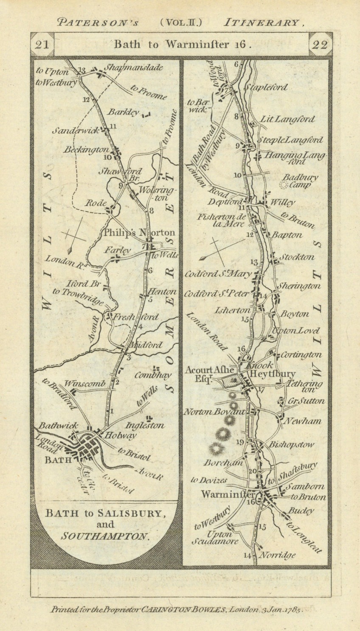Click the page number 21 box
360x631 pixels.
tap(42, 45)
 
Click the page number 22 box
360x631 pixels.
tap(320, 45)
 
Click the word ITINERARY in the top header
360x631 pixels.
tap(262, 22)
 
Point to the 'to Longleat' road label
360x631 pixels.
tap(304, 537)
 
